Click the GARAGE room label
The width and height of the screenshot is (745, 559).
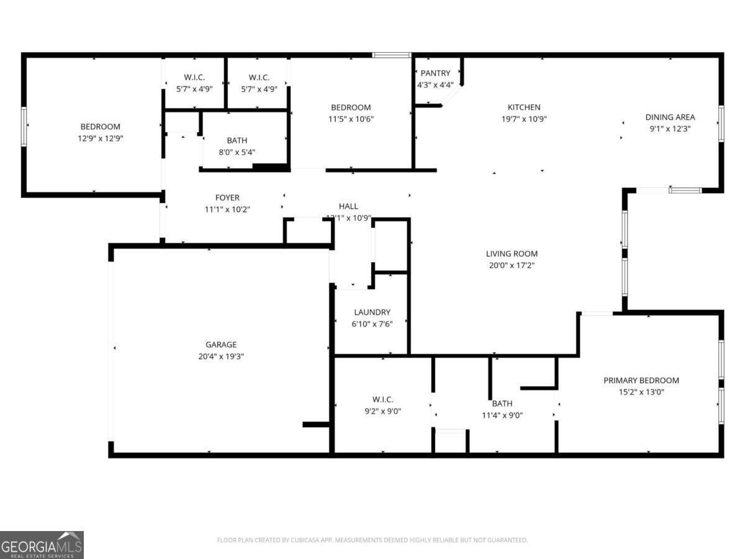click(x=221, y=345)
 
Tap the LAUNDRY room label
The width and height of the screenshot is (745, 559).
click(x=372, y=312)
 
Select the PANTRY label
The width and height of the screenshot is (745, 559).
click(x=435, y=73)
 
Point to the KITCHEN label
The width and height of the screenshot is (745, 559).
click(x=524, y=107)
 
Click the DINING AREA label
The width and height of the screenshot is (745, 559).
click(x=670, y=117)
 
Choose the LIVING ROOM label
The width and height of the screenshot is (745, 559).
click(x=512, y=253)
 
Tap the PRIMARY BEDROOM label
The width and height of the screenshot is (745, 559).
click(x=641, y=380)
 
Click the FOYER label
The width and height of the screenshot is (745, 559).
click(x=227, y=198)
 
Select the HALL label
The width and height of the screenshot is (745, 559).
click(x=348, y=206)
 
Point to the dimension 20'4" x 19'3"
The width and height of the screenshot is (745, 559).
click(x=221, y=357)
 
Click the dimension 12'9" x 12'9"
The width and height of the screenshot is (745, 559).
click(x=100, y=139)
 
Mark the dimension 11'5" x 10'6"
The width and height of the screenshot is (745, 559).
click(x=351, y=119)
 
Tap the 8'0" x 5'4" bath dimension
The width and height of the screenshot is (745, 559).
click(x=237, y=152)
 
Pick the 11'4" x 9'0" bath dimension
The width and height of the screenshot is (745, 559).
click(x=502, y=416)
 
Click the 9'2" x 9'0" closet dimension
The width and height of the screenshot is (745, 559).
click(x=382, y=411)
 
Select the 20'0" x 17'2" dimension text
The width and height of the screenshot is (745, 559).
click(x=512, y=265)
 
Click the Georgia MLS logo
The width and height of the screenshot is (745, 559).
click(x=42, y=545)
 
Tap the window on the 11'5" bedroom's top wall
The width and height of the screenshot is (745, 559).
click(x=392, y=55)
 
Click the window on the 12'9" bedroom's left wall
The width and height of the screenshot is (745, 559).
click(x=24, y=127)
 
